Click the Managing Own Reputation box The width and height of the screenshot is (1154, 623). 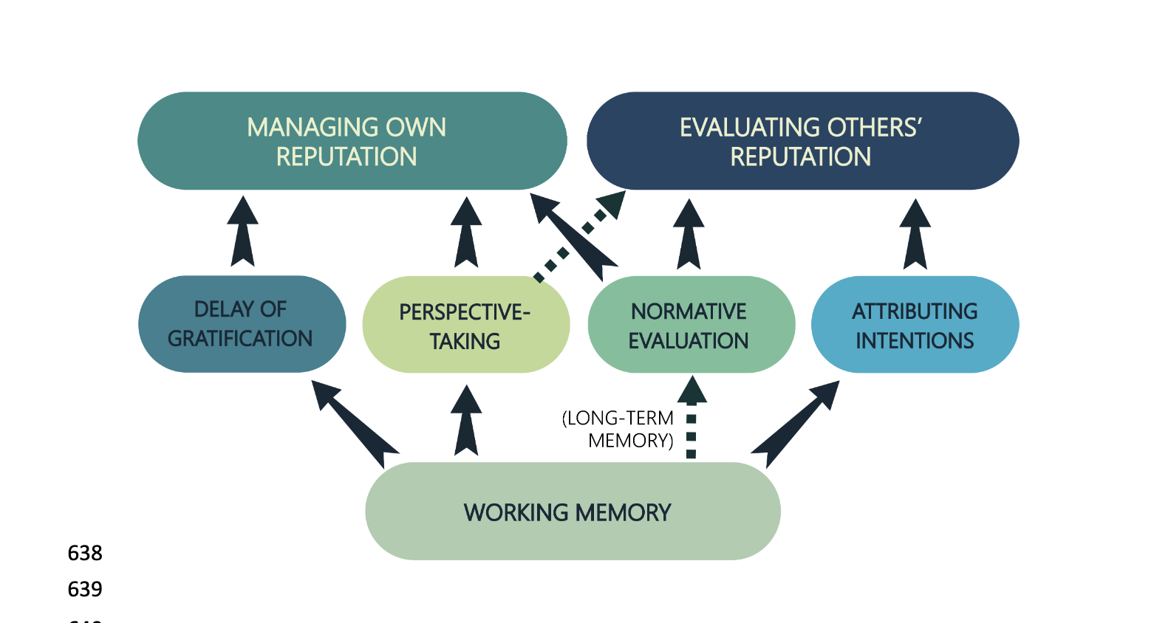(352, 141)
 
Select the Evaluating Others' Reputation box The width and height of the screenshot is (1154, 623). (802, 141)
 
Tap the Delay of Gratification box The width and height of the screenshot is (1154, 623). (242, 324)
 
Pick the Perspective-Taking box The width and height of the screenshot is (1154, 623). (465, 325)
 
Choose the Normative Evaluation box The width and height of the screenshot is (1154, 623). (691, 325)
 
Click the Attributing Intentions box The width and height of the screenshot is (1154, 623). (915, 325)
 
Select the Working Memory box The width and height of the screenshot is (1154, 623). (573, 512)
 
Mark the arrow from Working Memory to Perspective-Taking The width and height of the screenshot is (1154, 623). (466, 421)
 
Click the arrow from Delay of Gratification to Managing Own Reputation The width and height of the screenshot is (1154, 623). (242, 232)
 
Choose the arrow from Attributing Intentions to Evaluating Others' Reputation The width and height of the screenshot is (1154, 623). (915, 235)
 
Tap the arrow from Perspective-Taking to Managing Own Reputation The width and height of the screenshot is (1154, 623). (466, 233)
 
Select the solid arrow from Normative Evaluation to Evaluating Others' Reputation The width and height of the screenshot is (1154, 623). (689, 235)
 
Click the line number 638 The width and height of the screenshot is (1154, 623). (85, 553)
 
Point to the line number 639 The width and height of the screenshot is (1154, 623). (85, 589)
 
